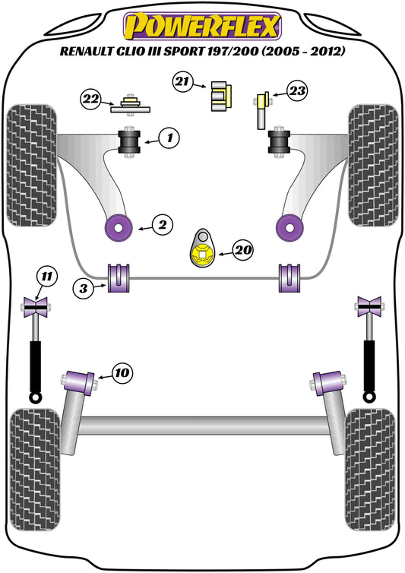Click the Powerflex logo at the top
click(x=202, y=27)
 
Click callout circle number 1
click(x=169, y=138)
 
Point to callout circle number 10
click(x=122, y=372)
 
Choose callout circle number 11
click(x=48, y=276)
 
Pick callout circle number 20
click(x=244, y=249)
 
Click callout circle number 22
click(x=91, y=98)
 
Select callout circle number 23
click(x=296, y=92)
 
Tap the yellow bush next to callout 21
click(x=220, y=95)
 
